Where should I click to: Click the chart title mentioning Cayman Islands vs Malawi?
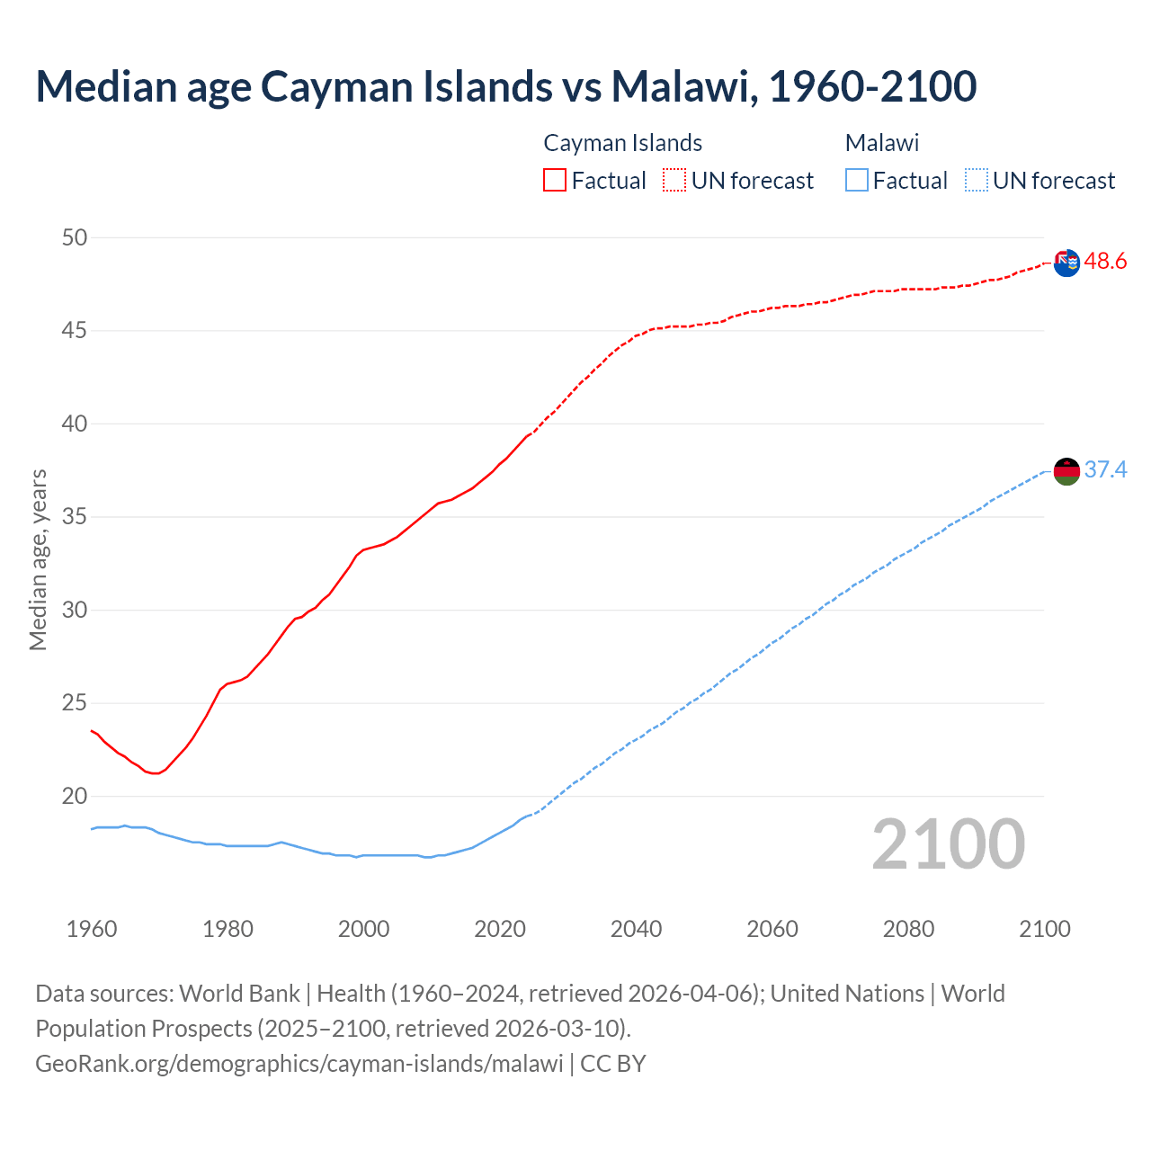click(x=505, y=86)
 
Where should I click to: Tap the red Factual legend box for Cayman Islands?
click(x=555, y=180)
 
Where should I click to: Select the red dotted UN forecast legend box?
click(x=674, y=180)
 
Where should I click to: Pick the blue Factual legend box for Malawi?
click(x=857, y=180)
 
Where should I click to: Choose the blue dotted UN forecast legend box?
click(x=976, y=180)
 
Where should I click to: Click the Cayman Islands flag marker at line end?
click(x=1066, y=263)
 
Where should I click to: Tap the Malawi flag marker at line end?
click(x=1066, y=471)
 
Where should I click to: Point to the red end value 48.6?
click(x=1105, y=262)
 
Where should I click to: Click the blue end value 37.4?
click(x=1105, y=470)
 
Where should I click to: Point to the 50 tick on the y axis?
click(x=75, y=238)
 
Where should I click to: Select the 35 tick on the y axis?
click(x=75, y=517)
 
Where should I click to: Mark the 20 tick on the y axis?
click(x=75, y=796)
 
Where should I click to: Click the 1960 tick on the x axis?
click(x=92, y=929)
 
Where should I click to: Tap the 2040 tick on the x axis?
click(x=636, y=929)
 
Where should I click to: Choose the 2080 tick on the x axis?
click(x=908, y=929)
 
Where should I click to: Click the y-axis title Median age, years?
click(x=38, y=559)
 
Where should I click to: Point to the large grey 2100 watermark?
click(x=948, y=843)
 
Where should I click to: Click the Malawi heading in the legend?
click(x=881, y=143)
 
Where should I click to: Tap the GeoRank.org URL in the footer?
click(x=299, y=1063)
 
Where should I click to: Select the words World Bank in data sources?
click(x=239, y=994)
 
